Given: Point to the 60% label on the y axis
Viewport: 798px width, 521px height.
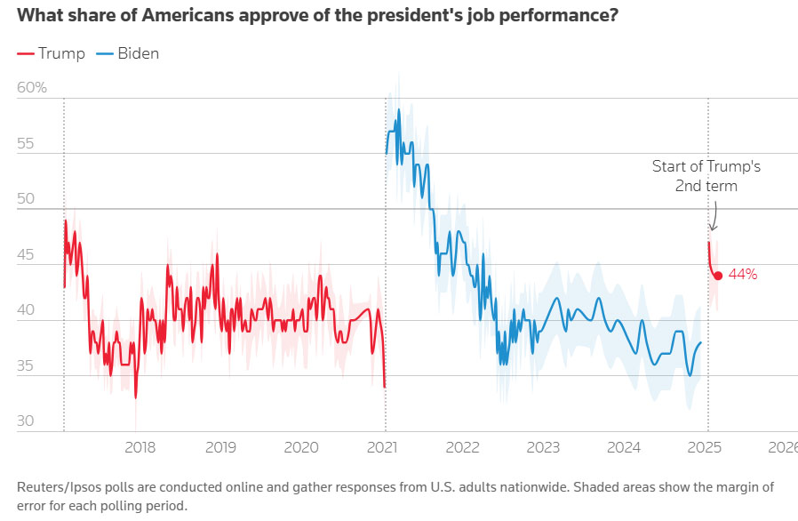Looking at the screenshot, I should [x=32, y=88].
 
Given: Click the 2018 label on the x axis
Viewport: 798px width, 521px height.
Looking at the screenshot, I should [x=140, y=447].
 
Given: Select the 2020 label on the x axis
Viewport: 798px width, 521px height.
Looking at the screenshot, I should [x=303, y=447].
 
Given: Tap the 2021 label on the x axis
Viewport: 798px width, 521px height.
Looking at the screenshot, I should [x=384, y=447].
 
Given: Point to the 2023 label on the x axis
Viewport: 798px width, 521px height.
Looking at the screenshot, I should [x=545, y=447].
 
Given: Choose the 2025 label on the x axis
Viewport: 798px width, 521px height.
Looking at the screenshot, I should [x=707, y=447].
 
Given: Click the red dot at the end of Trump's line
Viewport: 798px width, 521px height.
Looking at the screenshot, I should [x=718, y=276].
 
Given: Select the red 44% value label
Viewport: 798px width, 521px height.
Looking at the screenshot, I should [x=743, y=276].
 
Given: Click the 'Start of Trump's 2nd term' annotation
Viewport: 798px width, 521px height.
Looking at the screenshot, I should [x=706, y=176].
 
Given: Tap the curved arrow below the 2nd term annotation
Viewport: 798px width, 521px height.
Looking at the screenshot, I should [x=714, y=216].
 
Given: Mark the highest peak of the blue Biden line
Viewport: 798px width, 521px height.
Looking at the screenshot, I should [x=399, y=109].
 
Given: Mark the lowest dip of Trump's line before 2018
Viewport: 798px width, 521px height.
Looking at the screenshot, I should [x=136, y=397].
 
